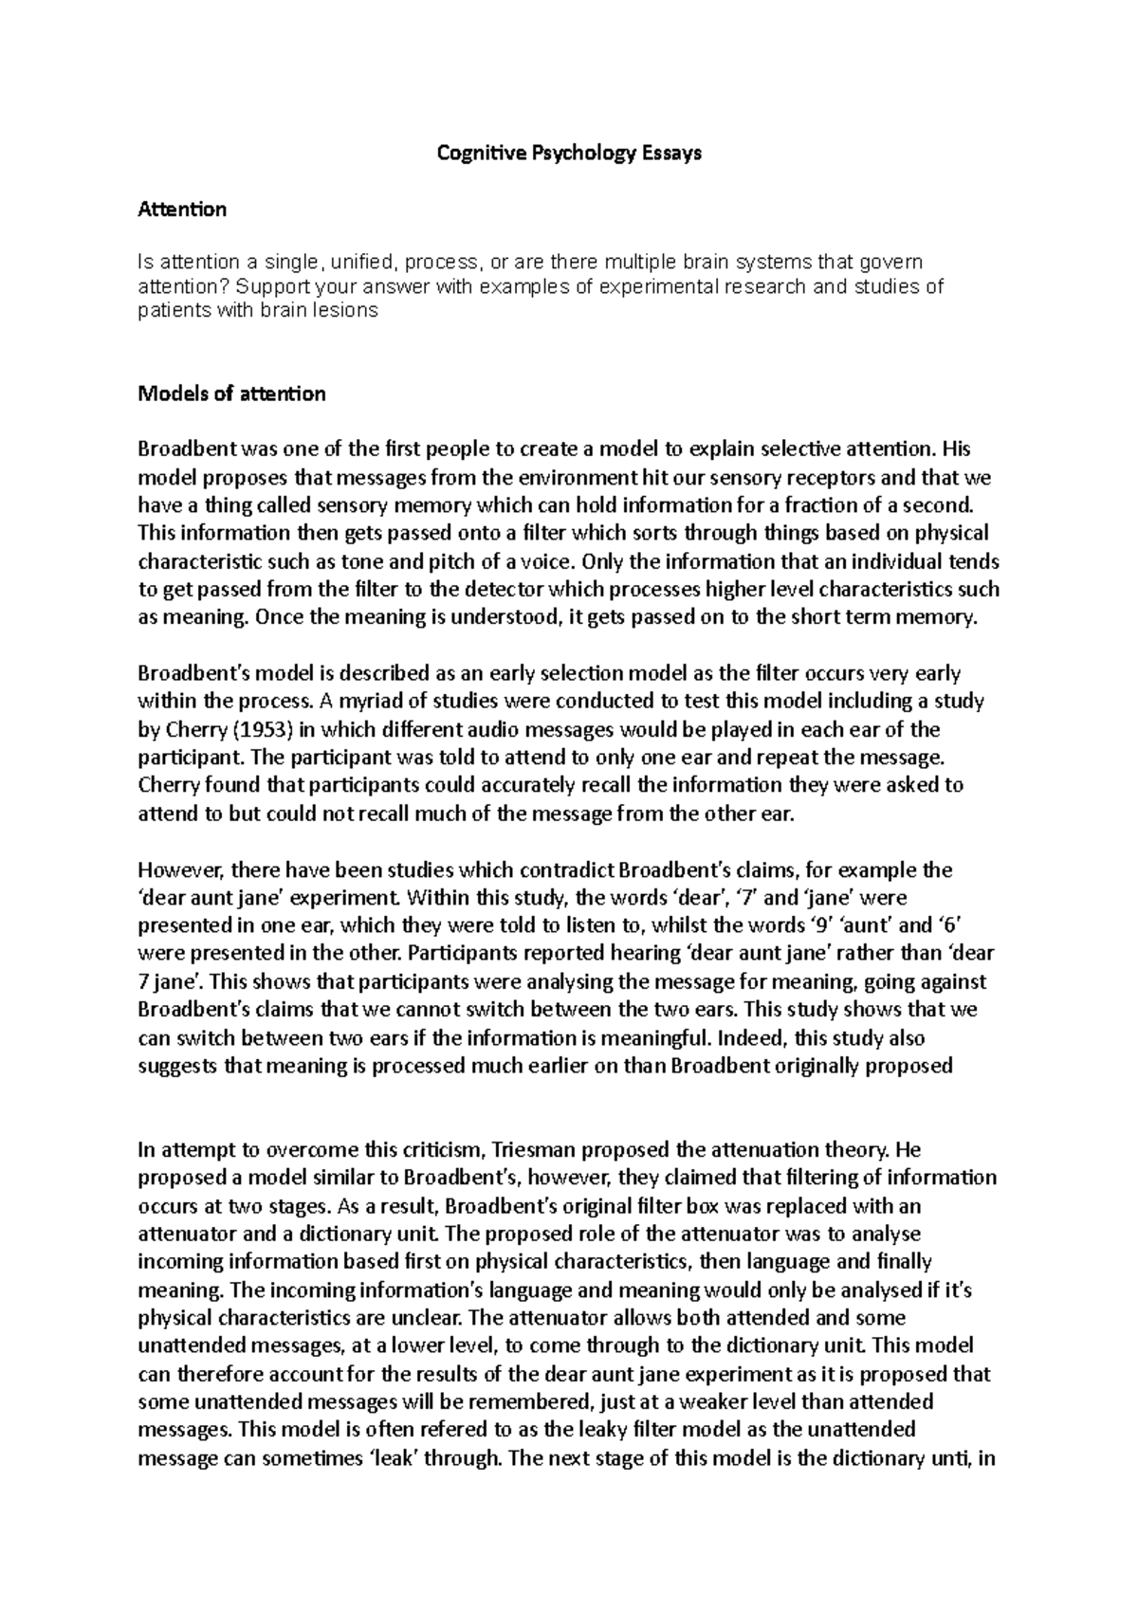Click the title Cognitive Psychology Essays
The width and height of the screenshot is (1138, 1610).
[x=568, y=153]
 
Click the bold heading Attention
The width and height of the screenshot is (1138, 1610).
[x=182, y=209]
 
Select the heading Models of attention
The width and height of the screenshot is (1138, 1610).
[x=231, y=393]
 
